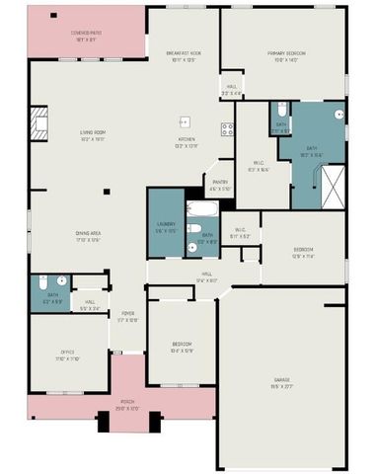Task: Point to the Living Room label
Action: click(94, 134)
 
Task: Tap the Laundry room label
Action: click(165, 226)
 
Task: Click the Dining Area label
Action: click(89, 236)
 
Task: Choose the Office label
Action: click(67, 354)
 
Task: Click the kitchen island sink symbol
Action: click(184, 121)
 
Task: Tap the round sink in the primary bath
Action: click(340, 114)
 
